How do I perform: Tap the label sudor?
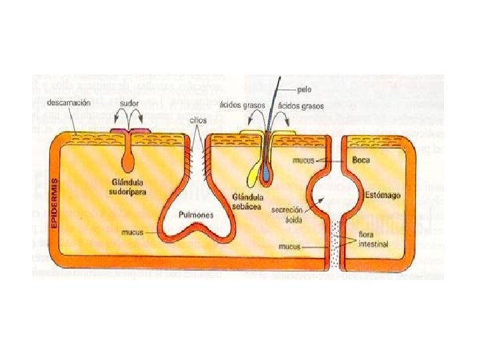pos(129,103)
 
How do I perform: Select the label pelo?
pos(304,89)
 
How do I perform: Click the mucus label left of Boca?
pos(303,161)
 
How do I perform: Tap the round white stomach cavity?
pos(329,198)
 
